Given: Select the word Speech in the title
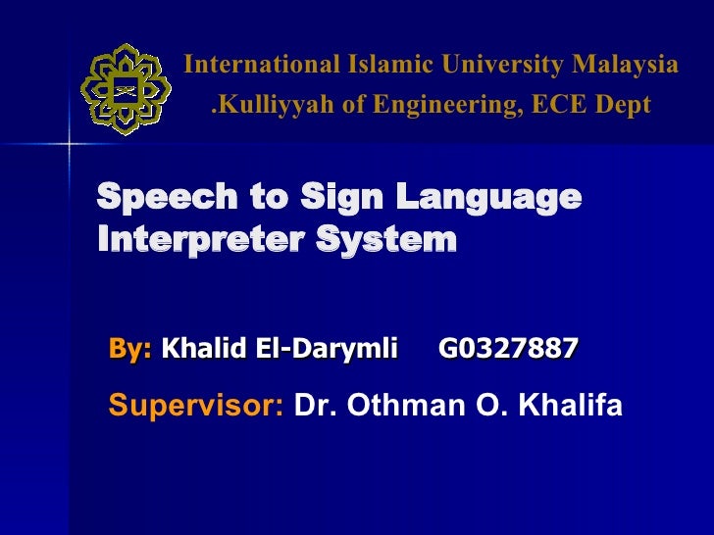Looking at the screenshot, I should (156, 199).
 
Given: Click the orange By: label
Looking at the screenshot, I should (131, 347).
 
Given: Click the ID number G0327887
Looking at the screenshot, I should (508, 347).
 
